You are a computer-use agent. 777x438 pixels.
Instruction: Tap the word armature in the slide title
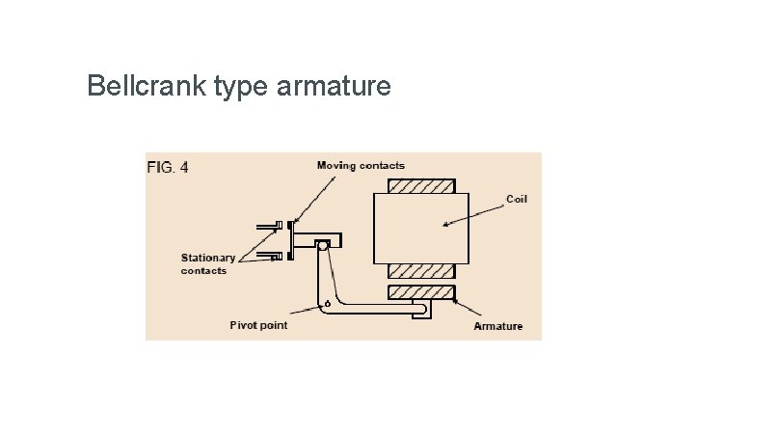pyautogui.click(x=334, y=87)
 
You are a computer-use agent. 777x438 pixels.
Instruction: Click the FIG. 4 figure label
pyautogui.click(x=168, y=167)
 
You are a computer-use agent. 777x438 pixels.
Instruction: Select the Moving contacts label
pyautogui.click(x=361, y=166)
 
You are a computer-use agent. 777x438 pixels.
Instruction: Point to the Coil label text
pyautogui.click(x=517, y=199)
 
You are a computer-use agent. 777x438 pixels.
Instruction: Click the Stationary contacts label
pyautogui.click(x=207, y=264)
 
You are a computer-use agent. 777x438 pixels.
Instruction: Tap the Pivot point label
pyautogui.click(x=258, y=325)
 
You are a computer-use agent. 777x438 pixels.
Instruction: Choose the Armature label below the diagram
pyautogui.click(x=497, y=326)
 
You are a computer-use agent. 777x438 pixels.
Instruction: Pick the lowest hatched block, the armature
pyautogui.click(x=420, y=291)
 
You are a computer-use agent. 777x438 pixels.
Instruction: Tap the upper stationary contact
pyautogui.click(x=272, y=227)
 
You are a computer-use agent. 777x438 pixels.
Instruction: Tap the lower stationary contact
pyautogui.click(x=272, y=256)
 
